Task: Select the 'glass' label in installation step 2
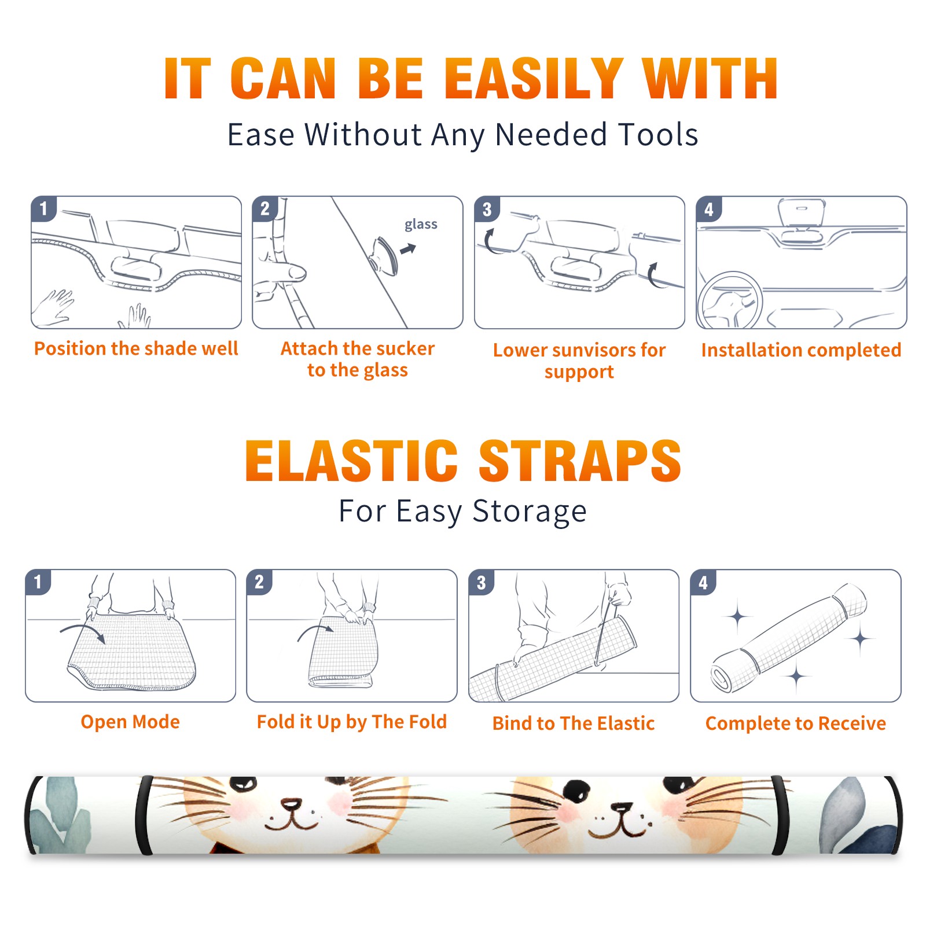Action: pyautogui.click(x=421, y=225)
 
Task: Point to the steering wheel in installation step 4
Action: pyautogui.click(x=730, y=300)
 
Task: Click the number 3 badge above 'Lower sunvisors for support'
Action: pyautogui.click(x=487, y=209)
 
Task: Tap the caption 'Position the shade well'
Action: pyautogui.click(x=136, y=348)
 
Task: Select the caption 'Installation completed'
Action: pyautogui.click(x=801, y=350)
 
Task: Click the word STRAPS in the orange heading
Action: pyautogui.click(x=580, y=461)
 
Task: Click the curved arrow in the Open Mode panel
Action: pyautogui.click(x=82, y=632)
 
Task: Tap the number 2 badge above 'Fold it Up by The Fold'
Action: pyautogui.click(x=259, y=582)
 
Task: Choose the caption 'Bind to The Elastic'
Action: pyautogui.click(x=573, y=723)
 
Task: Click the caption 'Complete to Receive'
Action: pyautogui.click(x=795, y=723)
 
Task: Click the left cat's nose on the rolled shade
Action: pyautogui.click(x=291, y=804)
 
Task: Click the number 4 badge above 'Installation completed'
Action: pyautogui.click(x=709, y=209)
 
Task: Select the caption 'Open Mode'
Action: pyautogui.click(x=130, y=722)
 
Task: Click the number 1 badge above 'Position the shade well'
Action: pyautogui.click(x=43, y=208)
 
